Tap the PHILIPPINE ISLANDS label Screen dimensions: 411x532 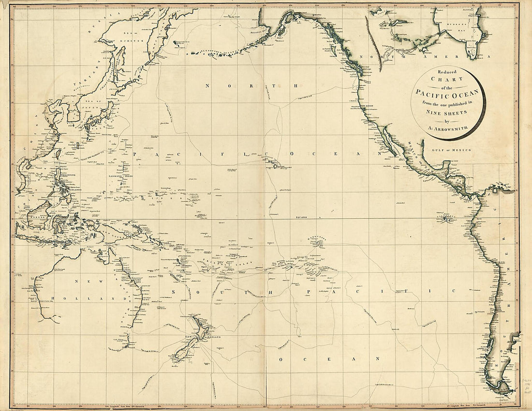pyautogui.click(x=69, y=186)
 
